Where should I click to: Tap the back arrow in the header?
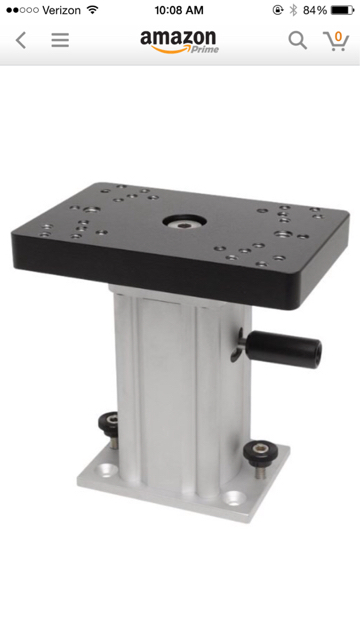pos(21,40)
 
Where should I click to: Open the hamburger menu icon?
pos(60,40)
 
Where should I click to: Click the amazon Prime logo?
pos(180,42)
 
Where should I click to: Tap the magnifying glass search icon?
pos(298,40)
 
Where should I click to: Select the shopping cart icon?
pos(336,41)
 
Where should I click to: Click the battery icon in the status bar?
pos(342,10)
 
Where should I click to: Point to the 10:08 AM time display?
pos(179,10)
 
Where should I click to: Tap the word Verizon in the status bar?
pos(61,10)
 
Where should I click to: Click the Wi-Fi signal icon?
pos(93,10)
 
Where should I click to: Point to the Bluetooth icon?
pos(293,10)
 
